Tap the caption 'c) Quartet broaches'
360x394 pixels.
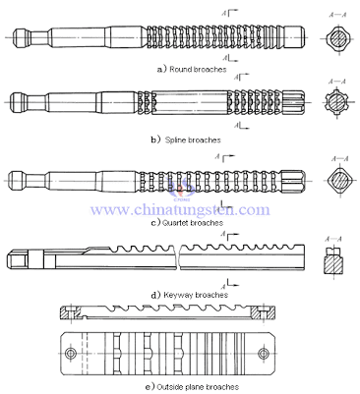(186, 223)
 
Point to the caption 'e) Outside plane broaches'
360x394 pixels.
(181, 386)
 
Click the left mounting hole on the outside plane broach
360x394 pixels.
(72, 350)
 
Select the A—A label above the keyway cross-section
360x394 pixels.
(333, 235)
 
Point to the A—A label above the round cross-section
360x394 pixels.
(333, 11)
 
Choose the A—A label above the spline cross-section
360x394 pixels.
(333, 77)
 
